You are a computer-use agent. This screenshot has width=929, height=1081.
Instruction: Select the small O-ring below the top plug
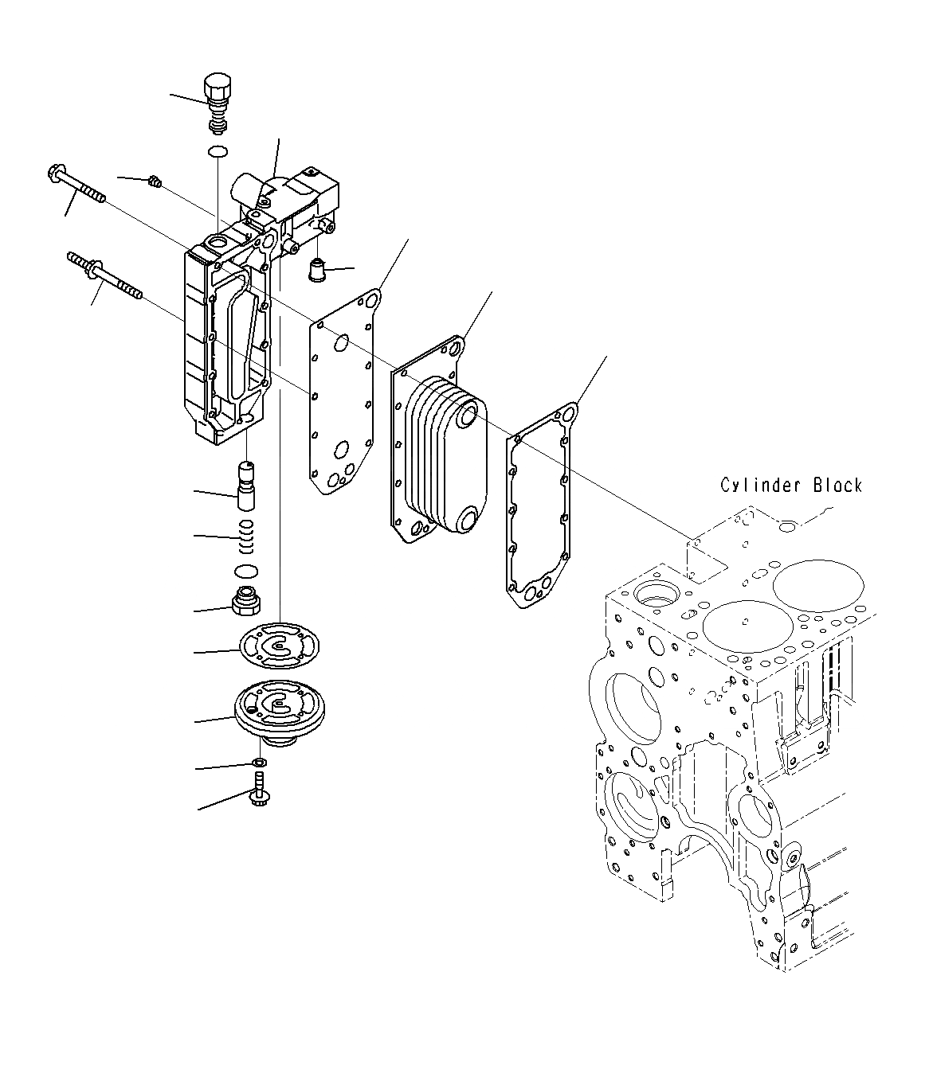pyautogui.click(x=217, y=152)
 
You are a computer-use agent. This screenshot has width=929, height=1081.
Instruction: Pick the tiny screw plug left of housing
pyautogui.click(x=156, y=184)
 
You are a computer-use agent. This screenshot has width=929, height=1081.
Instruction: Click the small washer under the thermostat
pyautogui.click(x=260, y=763)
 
